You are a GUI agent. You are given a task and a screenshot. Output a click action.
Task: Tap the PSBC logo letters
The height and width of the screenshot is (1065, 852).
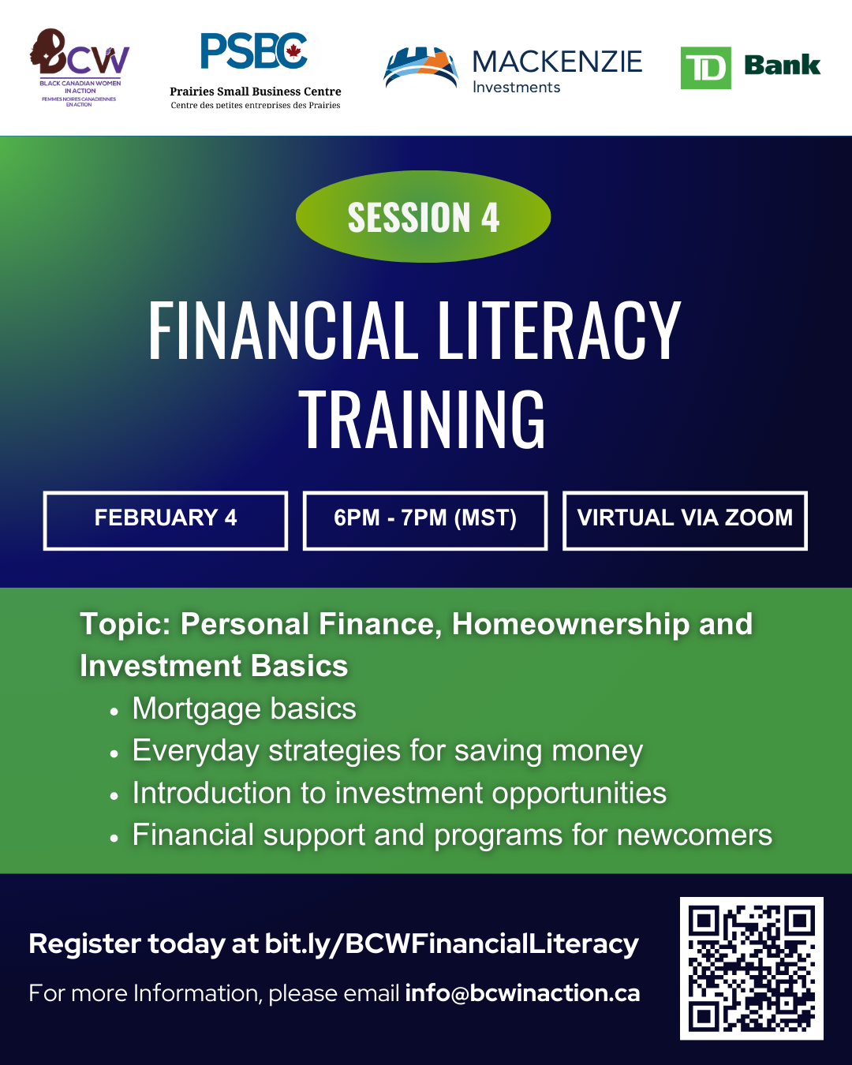click(253, 52)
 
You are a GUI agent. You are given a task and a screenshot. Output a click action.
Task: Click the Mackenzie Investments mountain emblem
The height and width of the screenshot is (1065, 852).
click(420, 68)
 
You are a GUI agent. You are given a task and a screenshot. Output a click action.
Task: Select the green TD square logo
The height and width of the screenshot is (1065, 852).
click(705, 68)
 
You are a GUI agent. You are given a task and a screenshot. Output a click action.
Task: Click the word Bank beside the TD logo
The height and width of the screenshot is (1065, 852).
click(782, 65)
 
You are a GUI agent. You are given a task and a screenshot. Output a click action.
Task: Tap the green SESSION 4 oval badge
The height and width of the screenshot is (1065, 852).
click(423, 217)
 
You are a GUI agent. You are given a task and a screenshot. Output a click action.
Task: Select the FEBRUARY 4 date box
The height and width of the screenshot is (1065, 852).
click(166, 520)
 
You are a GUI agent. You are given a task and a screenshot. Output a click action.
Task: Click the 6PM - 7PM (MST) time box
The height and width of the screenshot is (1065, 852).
click(425, 520)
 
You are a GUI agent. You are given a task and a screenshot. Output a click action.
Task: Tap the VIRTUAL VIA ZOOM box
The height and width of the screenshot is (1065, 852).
click(685, 520)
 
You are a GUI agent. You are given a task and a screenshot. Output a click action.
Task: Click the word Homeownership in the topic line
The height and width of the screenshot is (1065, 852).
click(570, 624)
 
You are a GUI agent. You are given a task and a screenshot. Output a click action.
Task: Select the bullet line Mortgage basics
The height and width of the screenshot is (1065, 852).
click(244, 708)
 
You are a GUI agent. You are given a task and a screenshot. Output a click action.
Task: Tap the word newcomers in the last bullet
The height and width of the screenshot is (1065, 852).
click(694, 835)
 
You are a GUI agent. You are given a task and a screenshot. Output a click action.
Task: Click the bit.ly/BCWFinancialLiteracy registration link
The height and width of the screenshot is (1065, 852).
click(451, 944)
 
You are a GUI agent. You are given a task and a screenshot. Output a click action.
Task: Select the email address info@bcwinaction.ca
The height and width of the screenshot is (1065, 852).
click(522, 993)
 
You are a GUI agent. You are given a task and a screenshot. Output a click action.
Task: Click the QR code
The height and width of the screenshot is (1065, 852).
click(751, 968)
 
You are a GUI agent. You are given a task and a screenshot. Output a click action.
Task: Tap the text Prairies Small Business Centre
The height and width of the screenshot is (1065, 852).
click(256, 92)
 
